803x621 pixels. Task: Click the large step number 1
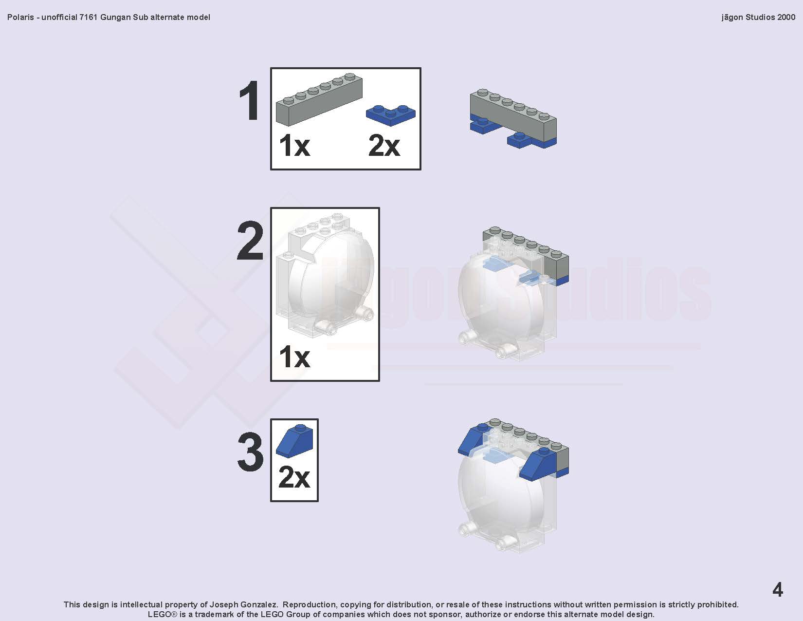click(249, 100)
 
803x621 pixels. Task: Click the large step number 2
click(250, 241)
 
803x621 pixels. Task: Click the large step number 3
click(251, 452)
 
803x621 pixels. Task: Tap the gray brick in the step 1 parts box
click(319, 99)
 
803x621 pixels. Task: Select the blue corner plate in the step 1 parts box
click(391, 114)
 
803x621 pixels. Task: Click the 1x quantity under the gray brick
click(294, 145)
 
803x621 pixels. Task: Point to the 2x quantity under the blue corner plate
click(384, 145)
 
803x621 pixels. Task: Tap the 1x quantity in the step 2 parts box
click(294, 357)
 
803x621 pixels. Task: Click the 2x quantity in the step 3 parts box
click(294, 477)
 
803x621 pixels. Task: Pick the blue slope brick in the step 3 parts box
click(294, 440)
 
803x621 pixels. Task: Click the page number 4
click(778, 590)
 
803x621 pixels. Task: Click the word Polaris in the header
click(20, 18)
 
